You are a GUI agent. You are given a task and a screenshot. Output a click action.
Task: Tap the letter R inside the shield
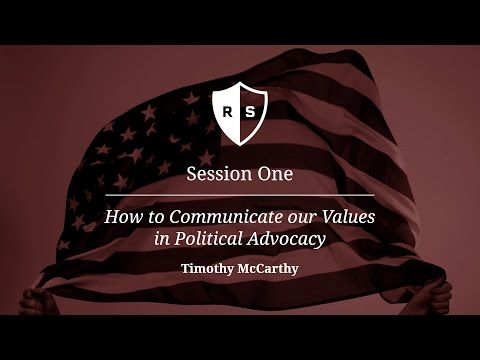pyautogui.click(x=229, y=111)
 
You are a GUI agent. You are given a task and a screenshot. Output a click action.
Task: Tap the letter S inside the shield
pyautogui.click(x=250, y=111)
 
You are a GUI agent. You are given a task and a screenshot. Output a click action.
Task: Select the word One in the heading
pyautogui.click(x=274, y=173)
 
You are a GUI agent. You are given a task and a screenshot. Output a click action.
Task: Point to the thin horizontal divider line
pyautogui.click(x=239, y=195)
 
